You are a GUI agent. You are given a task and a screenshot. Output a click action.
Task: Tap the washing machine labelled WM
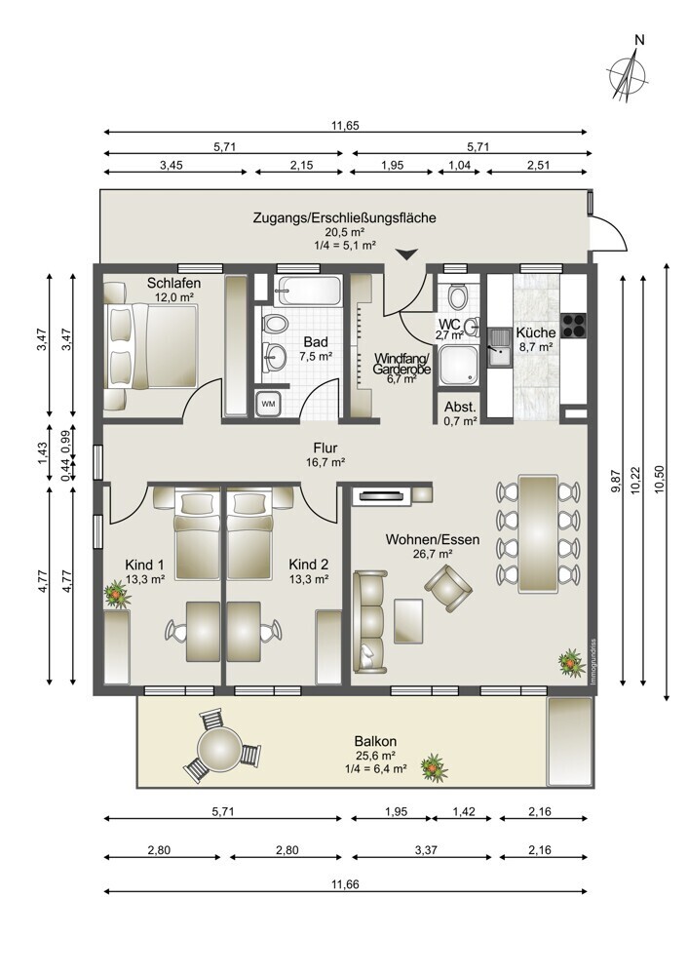click(x=269, y=405)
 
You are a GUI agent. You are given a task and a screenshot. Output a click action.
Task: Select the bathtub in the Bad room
click(x=310, y=291)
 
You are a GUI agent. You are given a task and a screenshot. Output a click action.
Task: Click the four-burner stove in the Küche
click(x=574, y=325)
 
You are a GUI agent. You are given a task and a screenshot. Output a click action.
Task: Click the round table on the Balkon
click(x=219, y=749)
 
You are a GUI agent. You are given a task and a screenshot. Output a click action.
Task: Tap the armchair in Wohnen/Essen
click(x=448, y=587)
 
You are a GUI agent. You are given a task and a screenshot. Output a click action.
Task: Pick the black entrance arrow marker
click(x=407, y=253)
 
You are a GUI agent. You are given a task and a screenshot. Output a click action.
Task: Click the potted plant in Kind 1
click(x=117, y=594)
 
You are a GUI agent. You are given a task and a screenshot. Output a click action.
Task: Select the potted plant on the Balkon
click(x=434, y=767)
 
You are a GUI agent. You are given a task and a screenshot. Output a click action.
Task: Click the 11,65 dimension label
click(x=345, y=126)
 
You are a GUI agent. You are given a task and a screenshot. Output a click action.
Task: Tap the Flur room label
click(x=325, y=448)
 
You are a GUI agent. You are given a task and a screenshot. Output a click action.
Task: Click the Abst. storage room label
click(x=460, y=408)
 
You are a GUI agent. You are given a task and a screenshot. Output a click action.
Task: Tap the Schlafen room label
click(x=174, y=283)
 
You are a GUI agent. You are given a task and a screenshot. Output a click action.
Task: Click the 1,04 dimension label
click(x=459, y=166)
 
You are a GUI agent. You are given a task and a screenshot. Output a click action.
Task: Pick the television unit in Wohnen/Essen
click(x=380, y=495)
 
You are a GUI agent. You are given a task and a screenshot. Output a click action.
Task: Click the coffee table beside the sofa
click(x=408, y=620)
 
